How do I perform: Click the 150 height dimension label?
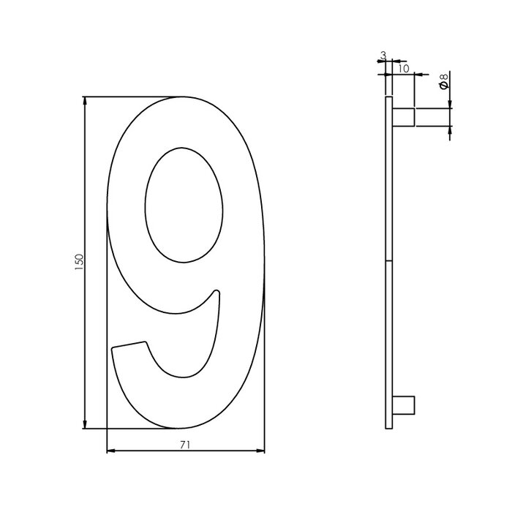click(x=80, y=263)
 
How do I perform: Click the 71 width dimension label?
click(x=186, y=444)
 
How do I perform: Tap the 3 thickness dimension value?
click(x=383, y=56)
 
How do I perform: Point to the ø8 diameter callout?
click(x=444, y=83)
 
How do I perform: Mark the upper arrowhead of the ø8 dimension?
click(x=449, y=104)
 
